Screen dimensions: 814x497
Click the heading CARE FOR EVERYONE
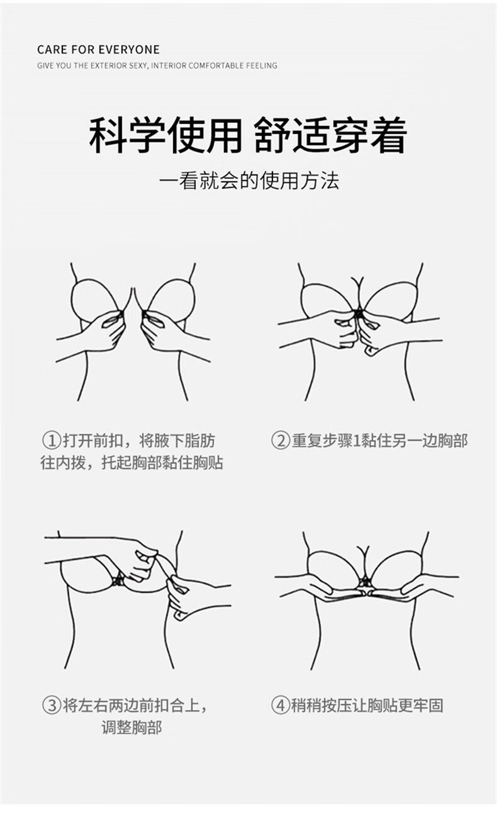tap(98, 50)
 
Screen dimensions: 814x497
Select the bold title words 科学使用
tap(165, 135)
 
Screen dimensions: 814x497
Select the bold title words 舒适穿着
tap(330, 135)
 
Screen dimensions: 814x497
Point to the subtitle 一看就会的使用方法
tap(248, 181)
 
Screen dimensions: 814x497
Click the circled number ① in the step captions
tap(50, 441)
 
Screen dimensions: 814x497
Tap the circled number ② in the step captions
tap(280, 441)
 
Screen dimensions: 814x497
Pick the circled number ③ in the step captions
tap(52, 705)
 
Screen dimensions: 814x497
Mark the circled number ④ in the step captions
tap(280, 705)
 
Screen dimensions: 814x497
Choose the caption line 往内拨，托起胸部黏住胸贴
tap(132, 463)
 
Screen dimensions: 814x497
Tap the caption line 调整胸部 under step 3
tap(131, 728)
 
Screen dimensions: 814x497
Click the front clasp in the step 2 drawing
tap(359, 313)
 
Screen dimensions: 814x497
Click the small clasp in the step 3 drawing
tap(116, 579)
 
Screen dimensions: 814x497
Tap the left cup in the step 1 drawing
tap(94, 302)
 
